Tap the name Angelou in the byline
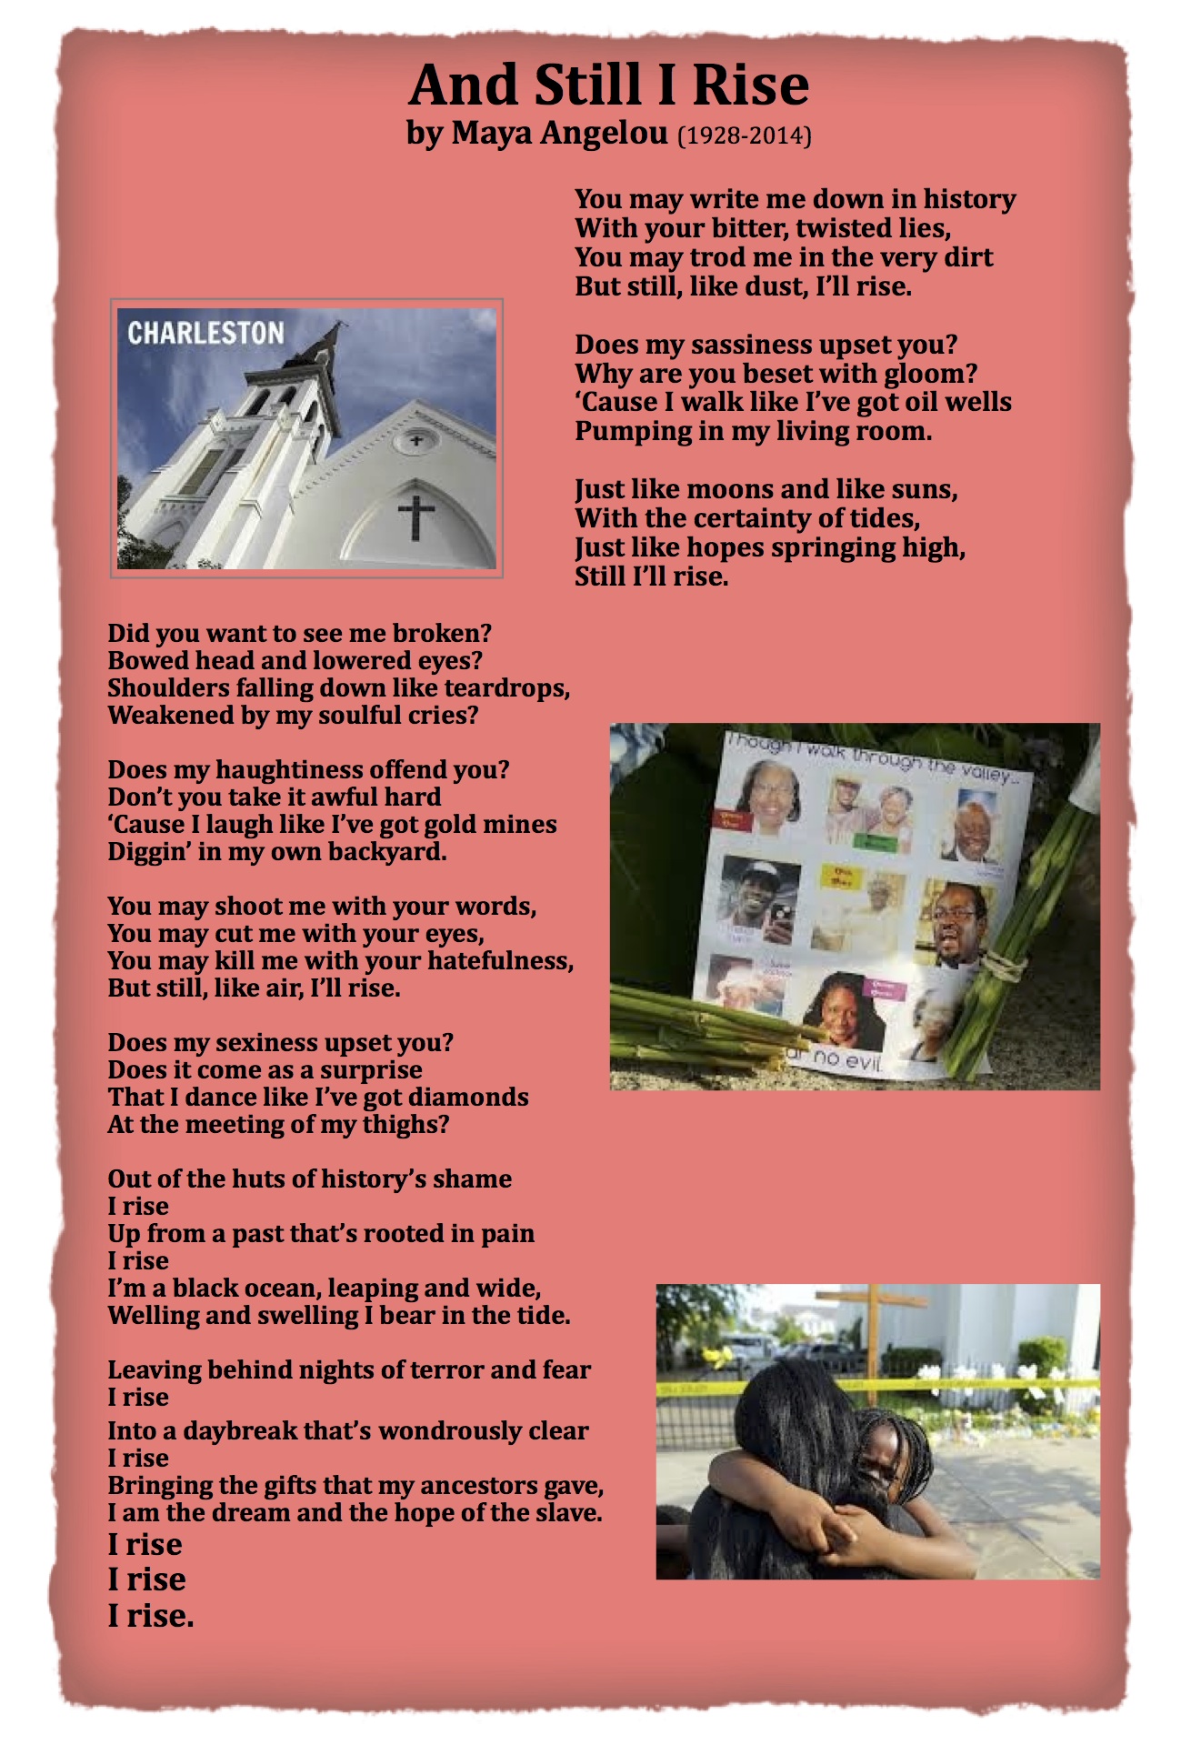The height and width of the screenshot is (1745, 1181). coord(605,134)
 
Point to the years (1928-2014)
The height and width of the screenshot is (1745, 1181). coord(745,135)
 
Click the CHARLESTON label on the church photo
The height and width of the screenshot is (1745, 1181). coord(205,334)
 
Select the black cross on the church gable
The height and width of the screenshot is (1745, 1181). coord(416,515)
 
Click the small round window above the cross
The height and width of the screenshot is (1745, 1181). coord(415,441)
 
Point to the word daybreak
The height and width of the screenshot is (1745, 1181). coord(240,1430)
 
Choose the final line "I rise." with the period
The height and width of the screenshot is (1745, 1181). coord(151,1616)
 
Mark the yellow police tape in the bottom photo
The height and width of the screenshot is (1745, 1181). coord(1000,1383)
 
